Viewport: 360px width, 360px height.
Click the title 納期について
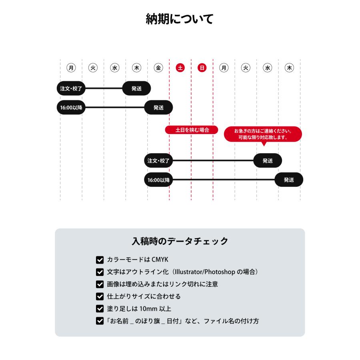pyautogui.click(x=180, y=19)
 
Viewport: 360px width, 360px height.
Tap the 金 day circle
pyautogui.click(x=158, y=68)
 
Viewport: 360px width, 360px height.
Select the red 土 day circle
pyautogui.click(x=180, y=68)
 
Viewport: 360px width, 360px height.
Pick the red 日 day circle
pyautogui.click(x=202, y=68)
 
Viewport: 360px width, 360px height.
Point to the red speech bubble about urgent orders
pyautogui.click(x=263, y=134)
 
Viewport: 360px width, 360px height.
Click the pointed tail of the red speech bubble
pyautogui.click(x=264, y=144)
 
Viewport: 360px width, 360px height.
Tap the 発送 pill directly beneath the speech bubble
pyautogui.click(x=268, y=161)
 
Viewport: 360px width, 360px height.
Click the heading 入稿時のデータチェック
pyautogui.click(x=180, y=241)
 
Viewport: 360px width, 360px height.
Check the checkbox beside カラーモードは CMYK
pyautogui.click(x=100, y=260)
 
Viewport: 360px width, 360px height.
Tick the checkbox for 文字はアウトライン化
pyautogui.click(x=100, y=272)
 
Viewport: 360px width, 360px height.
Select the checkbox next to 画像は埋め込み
pyautogui.click(x=100, y=284)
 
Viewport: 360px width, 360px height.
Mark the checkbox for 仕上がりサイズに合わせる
pyautogui.click(x=100, y=296)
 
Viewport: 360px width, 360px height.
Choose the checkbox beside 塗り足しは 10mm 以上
pyautogui.click(x=100, y=309)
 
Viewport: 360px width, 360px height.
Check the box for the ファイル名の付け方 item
pyautogui.click(x=100, y=321)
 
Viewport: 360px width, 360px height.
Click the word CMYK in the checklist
pyautogui.click(x=160, y=260)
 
